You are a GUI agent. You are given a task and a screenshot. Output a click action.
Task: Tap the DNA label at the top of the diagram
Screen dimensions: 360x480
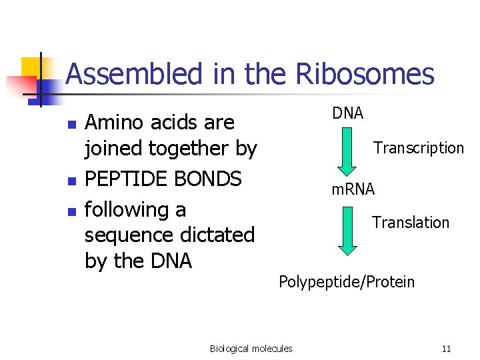[x=348, y=113]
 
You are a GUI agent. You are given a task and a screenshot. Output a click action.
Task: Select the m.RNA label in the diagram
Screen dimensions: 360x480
[x=353, y=189]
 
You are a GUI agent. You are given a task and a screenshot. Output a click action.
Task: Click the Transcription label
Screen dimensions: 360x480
[x=419, y=148]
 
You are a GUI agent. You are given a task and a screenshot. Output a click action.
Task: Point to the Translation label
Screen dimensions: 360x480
[x=411, y=223]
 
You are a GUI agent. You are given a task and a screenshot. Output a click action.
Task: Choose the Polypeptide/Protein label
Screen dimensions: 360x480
[x=347, y=282]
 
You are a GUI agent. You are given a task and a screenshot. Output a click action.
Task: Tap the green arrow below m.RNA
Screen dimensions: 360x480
[x=347, y=231]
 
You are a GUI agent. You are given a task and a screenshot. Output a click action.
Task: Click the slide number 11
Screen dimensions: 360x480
[x=446, y=349]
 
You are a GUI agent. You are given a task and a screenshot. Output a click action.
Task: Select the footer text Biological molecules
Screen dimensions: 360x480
[x=251, y=349]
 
